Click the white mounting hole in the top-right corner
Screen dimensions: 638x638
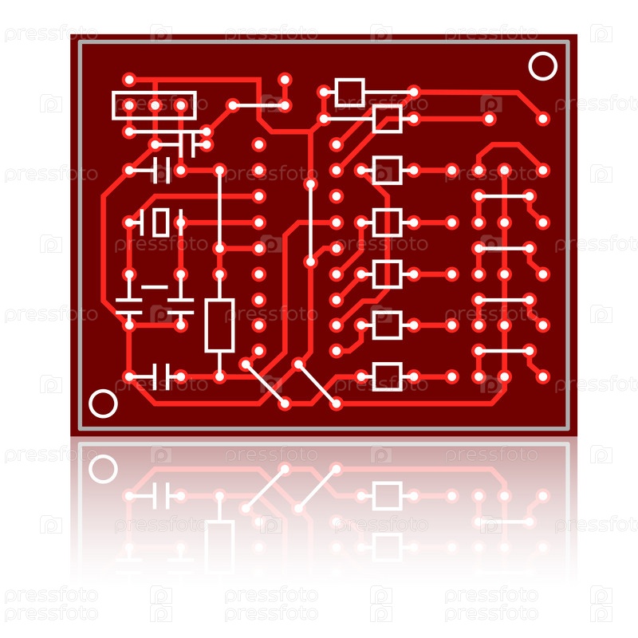coord(543,66)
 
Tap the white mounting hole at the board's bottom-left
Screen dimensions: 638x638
coord(103,404)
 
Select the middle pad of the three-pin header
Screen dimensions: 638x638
coord(155,106)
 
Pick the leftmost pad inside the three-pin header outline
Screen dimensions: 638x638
coord(129,106)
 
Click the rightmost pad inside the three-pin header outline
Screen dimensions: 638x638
coord(181,106)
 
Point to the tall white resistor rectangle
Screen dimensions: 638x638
coord(219,325)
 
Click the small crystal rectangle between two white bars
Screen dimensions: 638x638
coord(161,223)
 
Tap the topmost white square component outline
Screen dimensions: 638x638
coord(349,93)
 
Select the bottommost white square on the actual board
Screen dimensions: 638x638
coord(388,376)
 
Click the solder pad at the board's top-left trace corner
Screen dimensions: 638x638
coord(129,79)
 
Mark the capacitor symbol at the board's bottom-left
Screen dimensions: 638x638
coord(161,376)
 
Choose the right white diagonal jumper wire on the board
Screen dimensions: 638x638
coord(317,384)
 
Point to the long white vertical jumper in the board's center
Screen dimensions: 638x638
coord(310,223)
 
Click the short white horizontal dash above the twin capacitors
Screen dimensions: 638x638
coord(155,287)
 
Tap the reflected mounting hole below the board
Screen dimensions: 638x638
coord(103,469)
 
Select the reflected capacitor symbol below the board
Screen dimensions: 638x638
coord(161,495)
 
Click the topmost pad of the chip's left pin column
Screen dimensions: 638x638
coord(258,144)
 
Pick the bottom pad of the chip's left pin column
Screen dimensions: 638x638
coord(258,351)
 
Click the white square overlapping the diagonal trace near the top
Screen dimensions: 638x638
coord(388,118)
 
